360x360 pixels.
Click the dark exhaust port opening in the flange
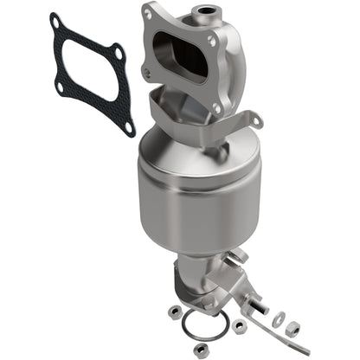pyautogui.click(x=180, y=61)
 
